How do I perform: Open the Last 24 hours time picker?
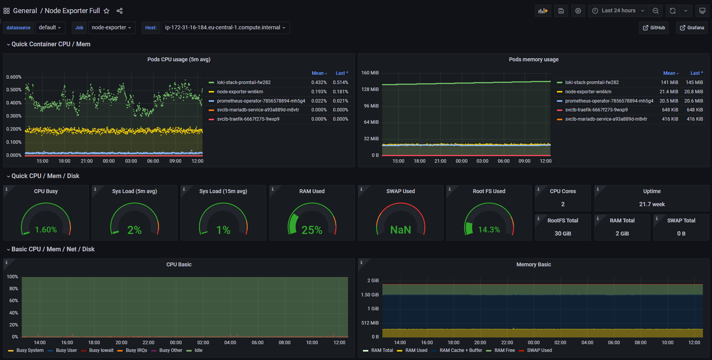[618, 11]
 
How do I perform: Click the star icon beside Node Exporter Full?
[106, 11]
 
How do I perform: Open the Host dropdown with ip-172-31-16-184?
[226, 28]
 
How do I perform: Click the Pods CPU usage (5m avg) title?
[179, 59]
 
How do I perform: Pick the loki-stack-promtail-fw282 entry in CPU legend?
[244, 82]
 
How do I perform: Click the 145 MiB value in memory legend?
[694, 82]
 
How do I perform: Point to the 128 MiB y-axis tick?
[370, 89]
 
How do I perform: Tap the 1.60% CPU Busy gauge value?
[46, 230]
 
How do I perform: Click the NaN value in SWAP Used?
[401, 230]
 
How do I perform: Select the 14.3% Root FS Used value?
[489, 230]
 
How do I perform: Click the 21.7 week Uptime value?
[652, 204]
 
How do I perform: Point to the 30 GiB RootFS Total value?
[563, 234]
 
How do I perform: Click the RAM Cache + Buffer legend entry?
[461, 350]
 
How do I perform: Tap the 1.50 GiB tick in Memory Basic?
[370, 295]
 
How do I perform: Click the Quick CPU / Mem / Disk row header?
[46, 176]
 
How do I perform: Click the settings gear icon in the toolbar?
[578, 11]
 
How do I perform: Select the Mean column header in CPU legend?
[318, 73]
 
